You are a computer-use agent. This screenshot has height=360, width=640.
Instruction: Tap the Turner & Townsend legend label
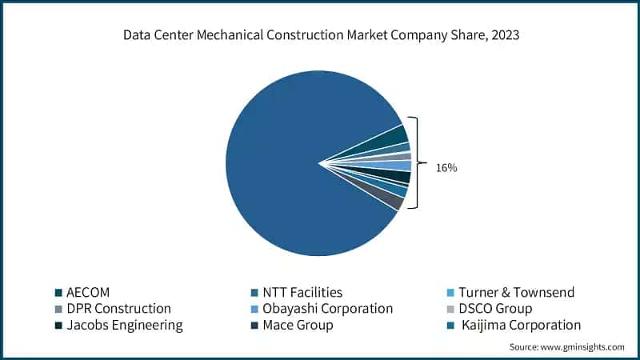click(516, 292)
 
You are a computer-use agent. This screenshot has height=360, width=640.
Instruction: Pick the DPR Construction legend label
click(119, 308)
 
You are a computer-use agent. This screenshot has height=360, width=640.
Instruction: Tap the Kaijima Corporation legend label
click(520, 325)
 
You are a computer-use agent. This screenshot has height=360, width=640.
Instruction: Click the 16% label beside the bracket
click(446, 169)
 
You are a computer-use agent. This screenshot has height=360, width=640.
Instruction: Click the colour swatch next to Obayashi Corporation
click(255, 309)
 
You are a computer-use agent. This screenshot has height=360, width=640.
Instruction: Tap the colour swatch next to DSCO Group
click(450, 309)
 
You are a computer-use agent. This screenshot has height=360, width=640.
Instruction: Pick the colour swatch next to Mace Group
click(255, 326)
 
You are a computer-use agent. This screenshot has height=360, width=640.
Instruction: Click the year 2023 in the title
click(501, 35)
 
